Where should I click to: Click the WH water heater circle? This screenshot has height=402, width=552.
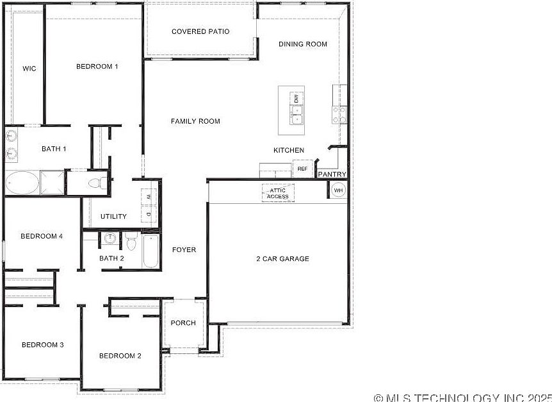tap(338, 190)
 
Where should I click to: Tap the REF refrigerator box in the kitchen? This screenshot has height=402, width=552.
tap(302, 169)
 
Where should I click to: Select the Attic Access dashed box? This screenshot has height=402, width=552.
tap(278, 193)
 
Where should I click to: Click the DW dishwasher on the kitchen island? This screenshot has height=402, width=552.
tap(296, 99)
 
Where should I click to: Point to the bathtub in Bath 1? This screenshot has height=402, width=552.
tap(22, 183)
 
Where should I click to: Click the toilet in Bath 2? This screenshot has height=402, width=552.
tap(131, 241)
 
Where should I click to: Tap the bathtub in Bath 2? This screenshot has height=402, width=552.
tap(151, 251)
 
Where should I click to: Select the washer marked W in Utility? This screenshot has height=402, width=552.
tap(149, 197)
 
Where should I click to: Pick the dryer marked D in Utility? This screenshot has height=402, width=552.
tap(149, 214)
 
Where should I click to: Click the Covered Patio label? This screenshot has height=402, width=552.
tap(200, 31)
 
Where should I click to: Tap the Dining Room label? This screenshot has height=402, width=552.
tap(303, 44)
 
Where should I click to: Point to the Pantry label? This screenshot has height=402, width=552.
tap(332, 174)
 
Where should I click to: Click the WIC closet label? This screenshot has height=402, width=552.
tap(29, 69)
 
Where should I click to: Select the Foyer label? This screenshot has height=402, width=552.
tap(184, 250)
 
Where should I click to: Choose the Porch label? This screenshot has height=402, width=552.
tap(183, 323)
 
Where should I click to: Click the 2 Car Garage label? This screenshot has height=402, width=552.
tap(282, 259)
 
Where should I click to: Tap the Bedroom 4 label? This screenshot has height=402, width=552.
tap(42, 237)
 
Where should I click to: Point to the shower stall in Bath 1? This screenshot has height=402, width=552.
tap(52, 183)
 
